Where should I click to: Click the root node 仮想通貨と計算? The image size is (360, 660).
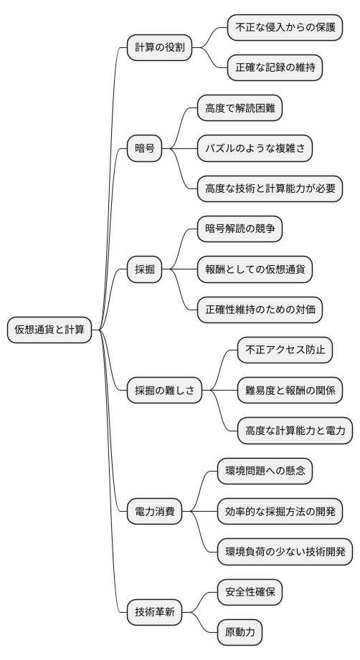coord(49,330)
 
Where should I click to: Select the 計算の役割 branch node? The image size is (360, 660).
coord(160,48)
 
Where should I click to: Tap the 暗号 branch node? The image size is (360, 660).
coord(145,148)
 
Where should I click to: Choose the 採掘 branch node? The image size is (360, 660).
coord(145,269)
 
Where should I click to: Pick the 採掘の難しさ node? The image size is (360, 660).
coord(164,391)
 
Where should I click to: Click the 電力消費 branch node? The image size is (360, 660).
coord(154,512)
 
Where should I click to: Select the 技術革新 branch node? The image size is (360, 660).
coord(154,613)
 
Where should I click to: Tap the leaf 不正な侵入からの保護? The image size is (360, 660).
coord(280,28)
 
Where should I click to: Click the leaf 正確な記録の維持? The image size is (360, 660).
coord(275,68)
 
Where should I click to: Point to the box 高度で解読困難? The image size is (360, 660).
coord(240,108)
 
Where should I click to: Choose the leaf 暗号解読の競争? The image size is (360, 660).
coord(240,229)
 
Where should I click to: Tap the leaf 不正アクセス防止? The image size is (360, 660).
coord(285,350)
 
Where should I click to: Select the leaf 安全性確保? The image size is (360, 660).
coord(254,593)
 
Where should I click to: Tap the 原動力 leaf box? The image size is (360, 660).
coord(240,633)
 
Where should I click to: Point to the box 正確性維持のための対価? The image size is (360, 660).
coord(260,310)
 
